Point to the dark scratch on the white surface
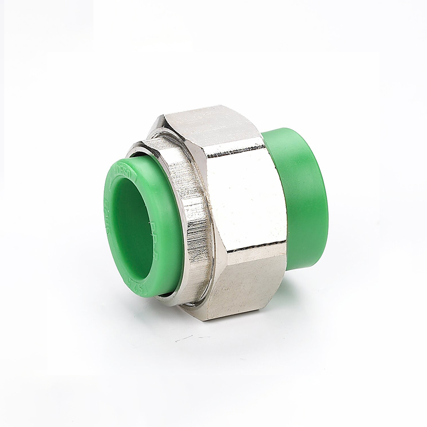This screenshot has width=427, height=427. click(184, 337)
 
